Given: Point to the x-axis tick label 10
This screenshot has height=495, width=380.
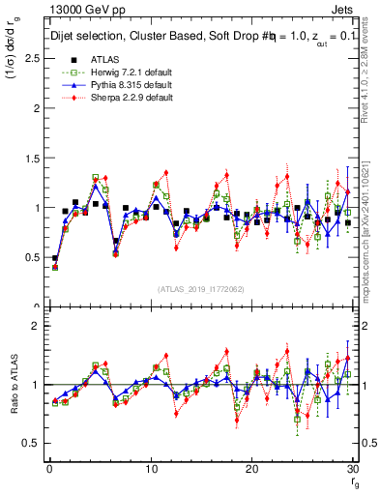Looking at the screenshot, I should coord(151,468).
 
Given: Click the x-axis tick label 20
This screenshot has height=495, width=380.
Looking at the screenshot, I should coord(251,468).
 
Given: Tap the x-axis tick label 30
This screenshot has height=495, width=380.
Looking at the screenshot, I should coord(352,468).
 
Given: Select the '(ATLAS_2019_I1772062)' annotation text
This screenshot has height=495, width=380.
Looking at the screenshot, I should coord(201,289).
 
